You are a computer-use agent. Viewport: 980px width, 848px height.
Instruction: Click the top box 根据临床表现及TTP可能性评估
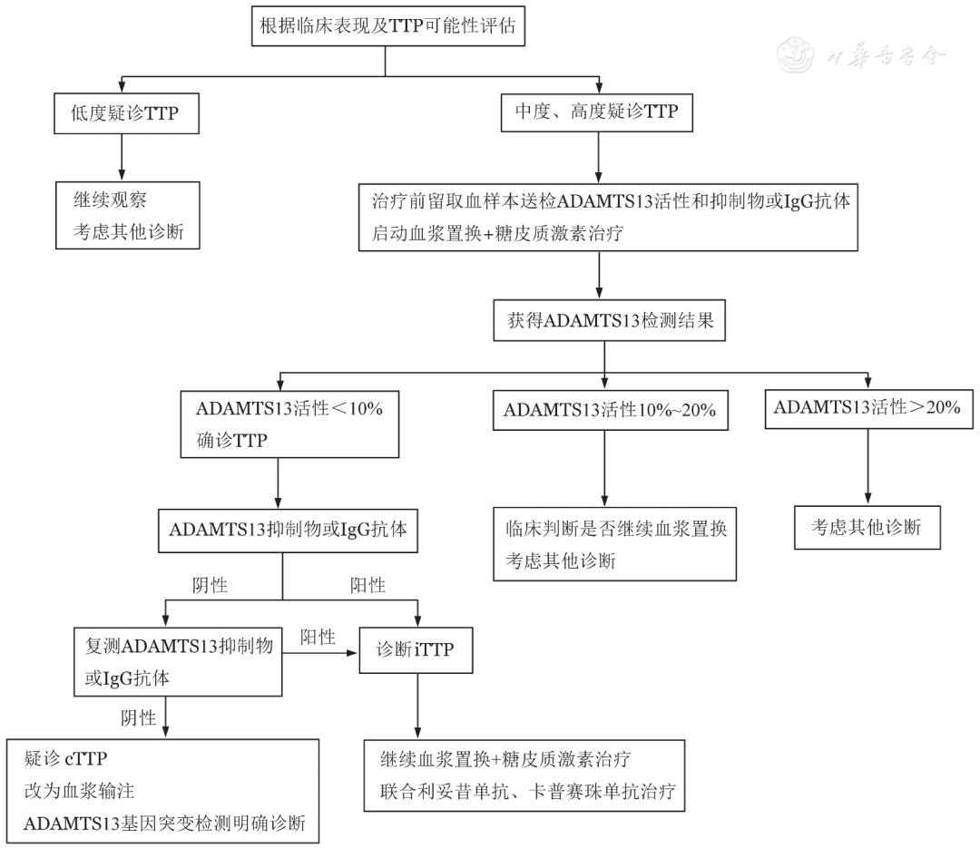(387, 25)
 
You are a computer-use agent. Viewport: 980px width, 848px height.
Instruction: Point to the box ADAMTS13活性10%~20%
(610, 410)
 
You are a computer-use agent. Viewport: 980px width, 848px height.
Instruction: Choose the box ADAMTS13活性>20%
(867, 406)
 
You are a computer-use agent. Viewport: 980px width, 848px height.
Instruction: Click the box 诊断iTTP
(416, 650)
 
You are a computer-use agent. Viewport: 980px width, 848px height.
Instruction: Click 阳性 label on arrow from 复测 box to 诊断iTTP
(318, 637)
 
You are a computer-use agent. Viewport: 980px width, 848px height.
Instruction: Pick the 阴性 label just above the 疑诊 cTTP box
(139, 717)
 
